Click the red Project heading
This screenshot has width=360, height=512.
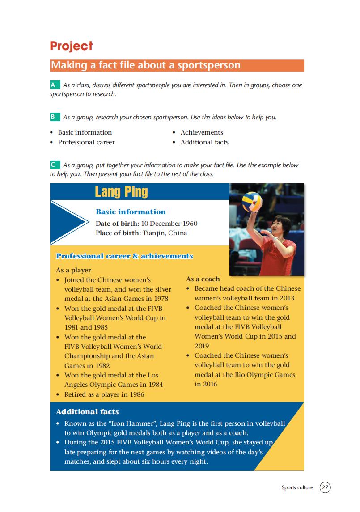[x=71, y=46]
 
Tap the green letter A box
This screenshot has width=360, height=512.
[x=54, y=85]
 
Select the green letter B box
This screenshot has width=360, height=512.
[x=54, y=117]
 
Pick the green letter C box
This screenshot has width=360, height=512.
[x=54, y=165]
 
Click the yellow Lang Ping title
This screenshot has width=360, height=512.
[x=121, y=192]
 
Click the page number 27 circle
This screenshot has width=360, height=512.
[x=325, y=487]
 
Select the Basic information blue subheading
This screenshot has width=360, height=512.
[x=131, y=212]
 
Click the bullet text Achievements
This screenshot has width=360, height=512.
[x=202, y=132]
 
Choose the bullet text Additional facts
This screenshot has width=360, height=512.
[x=204, y=142]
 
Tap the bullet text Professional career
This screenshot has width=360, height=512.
[x=86, y=142]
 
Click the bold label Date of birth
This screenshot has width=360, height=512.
[x=117, y=224]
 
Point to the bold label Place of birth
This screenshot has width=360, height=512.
[x=118, y=233]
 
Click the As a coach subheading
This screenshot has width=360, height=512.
[x=203, y=279]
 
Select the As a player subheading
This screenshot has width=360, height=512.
[x=73, y=270]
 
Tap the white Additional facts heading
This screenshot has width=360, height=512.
[x=87, y=411]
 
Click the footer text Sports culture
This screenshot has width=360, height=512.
[x=297, y=487]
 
